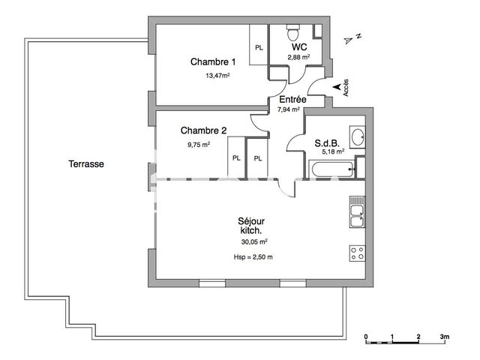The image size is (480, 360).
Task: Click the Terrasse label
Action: [86, 164]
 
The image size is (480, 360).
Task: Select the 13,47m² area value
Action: [217, 75]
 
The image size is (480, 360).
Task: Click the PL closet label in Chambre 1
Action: [259, 48]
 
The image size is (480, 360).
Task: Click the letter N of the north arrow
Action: [359, 36]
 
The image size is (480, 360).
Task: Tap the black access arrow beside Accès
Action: [334, 88]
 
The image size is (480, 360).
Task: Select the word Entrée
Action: [292, 99]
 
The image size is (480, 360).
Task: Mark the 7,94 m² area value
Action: [288, 109]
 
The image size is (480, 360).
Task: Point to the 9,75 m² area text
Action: [198, 144]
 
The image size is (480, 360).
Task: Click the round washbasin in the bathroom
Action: [358, 136]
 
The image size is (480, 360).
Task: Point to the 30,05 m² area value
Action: [254, 241]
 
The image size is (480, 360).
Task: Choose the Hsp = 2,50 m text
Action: [253, 257]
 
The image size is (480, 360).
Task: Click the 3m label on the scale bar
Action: [444, 337]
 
